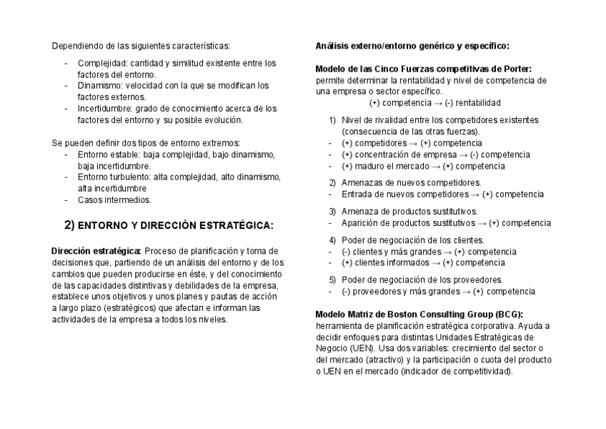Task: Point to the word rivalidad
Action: [393, 120]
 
